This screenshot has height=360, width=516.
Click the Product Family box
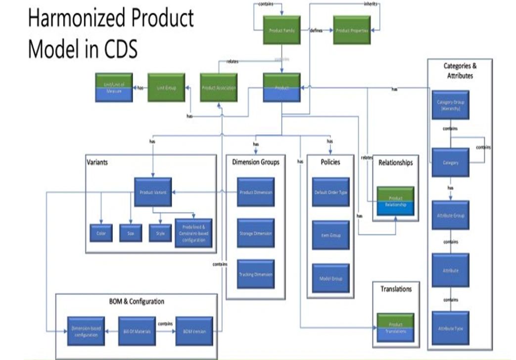[282, 30]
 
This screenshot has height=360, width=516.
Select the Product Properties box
[351, 30]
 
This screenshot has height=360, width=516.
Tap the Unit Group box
[166, 88]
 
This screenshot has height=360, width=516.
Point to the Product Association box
[219, 88]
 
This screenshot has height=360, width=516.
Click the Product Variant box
[153, 192]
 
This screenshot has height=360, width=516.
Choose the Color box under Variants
[101, 233]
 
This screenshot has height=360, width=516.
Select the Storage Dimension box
[256, 233]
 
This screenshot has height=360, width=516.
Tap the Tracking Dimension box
[256, 274]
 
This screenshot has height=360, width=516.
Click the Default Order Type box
[330, 192]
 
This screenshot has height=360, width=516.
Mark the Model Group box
[330, 278]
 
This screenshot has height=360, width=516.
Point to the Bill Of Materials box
[138, 331]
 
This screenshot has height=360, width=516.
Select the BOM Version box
[194, 331]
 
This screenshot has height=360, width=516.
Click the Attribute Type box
[450, 328]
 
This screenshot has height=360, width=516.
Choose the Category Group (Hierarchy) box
[450, 105]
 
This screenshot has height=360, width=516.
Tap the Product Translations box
[395, 327]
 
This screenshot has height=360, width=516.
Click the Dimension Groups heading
[256, 162]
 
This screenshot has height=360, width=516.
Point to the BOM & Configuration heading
[137, 301]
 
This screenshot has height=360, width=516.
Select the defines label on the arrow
[316, 30]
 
